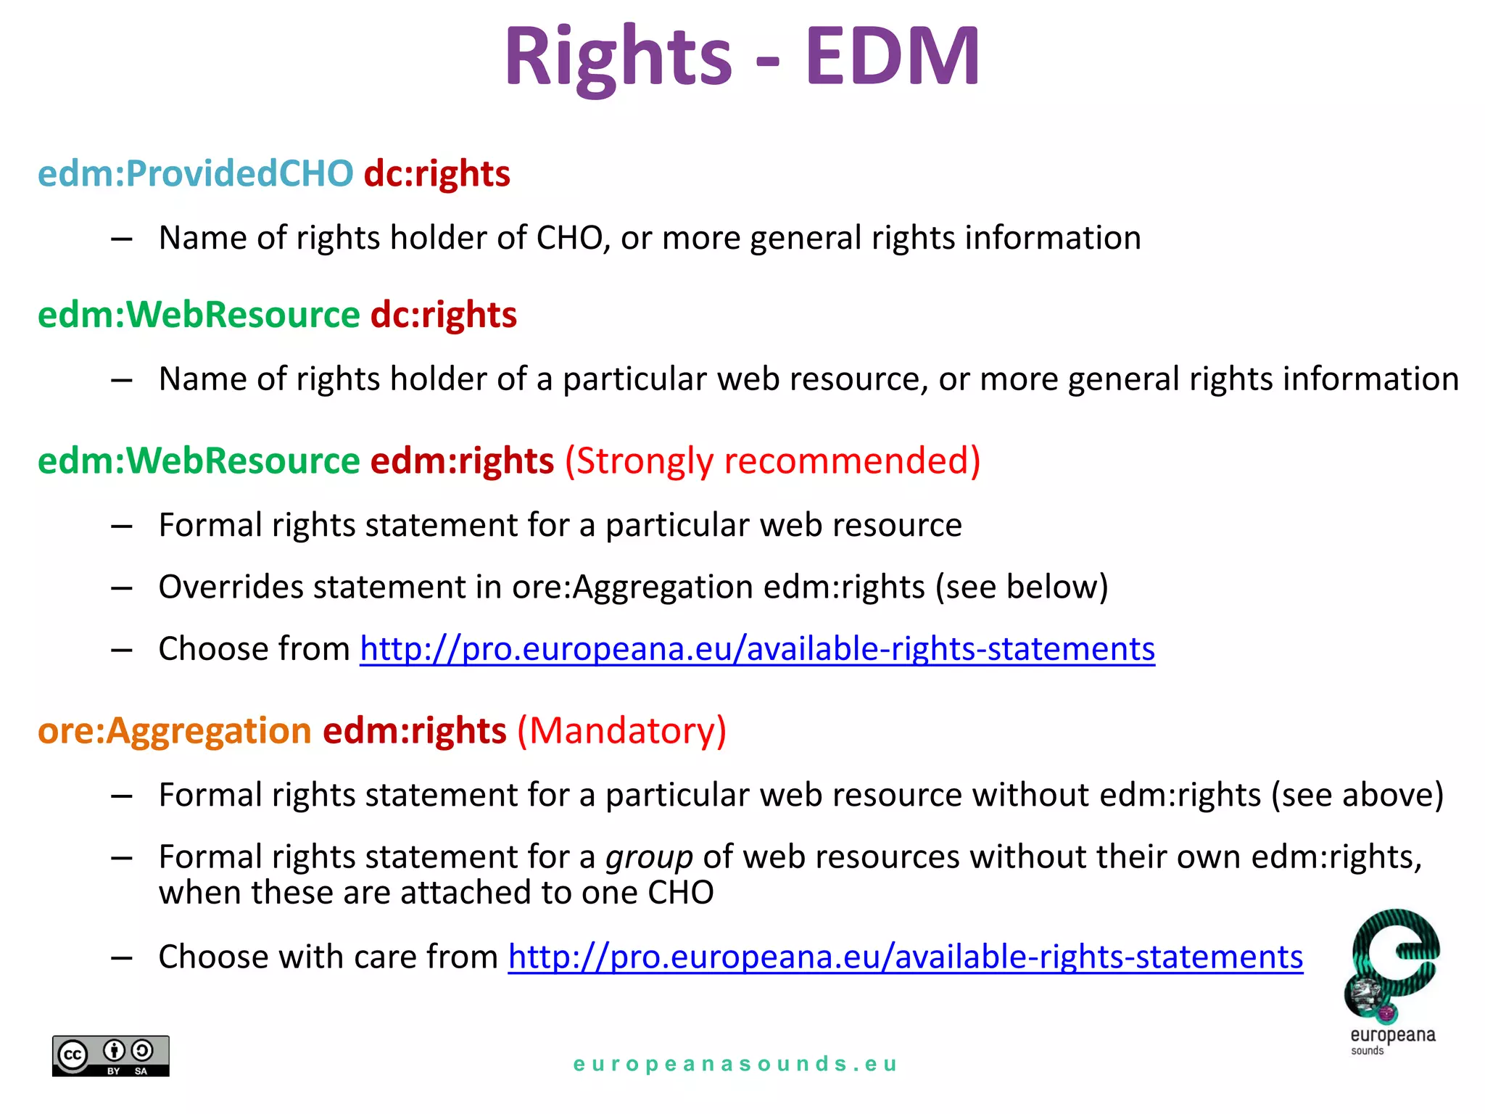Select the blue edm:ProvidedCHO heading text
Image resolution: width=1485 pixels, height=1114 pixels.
coord(195,174)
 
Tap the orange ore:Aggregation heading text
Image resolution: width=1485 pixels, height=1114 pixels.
coord(174,730)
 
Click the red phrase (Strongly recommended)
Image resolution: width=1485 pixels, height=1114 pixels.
coord(772,461)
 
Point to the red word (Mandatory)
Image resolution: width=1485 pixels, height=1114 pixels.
coord(621,730)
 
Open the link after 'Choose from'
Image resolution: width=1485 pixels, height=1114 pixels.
coord(757,648)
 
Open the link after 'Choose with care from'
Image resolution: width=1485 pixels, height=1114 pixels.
coord(905,957)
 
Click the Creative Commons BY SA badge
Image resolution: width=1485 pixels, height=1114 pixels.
coord(110,1055)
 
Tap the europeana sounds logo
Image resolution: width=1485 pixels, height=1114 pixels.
coord(1392,979)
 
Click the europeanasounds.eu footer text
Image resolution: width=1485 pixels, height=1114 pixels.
coord(735,1064)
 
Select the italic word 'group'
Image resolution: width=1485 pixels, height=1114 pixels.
coord(649,857)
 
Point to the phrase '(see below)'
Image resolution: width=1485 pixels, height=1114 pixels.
coord(1022,587)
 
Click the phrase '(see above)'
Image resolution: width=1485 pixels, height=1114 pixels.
coord(1357,795)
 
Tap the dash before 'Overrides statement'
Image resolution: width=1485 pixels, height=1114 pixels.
coord(121,587)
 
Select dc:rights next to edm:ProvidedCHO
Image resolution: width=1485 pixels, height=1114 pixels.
coord(437,174)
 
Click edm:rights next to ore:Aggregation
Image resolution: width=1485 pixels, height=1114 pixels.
coord(414,730)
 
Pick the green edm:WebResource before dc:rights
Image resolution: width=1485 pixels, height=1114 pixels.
coord(199,315)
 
